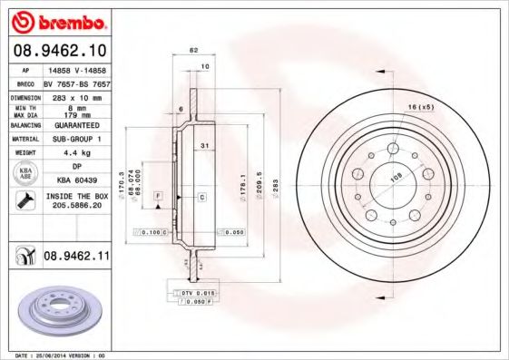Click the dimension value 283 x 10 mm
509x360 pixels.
(75, 96)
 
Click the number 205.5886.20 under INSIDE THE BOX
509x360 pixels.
(78, 207)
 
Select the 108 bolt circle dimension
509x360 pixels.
(395, 178)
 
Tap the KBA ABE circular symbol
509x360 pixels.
(24, 173)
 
